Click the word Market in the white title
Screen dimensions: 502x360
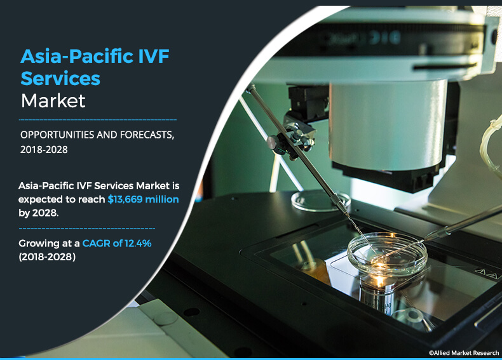pyautogui.click(x=53, y=101)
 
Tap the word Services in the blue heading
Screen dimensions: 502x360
pyautogui.click(x=60, y=78)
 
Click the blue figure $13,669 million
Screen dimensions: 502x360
pyautogui.click(x=143, y=199)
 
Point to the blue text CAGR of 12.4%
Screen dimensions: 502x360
pyautogui.click(x=117, y=243)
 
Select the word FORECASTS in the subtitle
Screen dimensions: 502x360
pyautogui.click(x=147, y=135)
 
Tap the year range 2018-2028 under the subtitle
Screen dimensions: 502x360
pyautogui.click(x=44, y=149)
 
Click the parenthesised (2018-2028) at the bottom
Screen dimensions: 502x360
pyautogui.click(x=47, y=257)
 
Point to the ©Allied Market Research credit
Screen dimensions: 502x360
pyautogui.click(x=464, y=352)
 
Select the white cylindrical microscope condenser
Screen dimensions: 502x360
pyautogui.click(x=388, y=125)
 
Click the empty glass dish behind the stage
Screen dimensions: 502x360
pyautogui.click(x=321, y=201)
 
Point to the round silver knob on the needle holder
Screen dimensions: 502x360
pyautogui.click(x=273, y=142)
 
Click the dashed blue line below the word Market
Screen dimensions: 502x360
pyautogui.click(x=98, y=119)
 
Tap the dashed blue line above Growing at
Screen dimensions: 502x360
pyautogui.click(x=87, y=228)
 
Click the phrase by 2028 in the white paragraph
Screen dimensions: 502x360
pyautogui.click(x=38, y=213)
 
